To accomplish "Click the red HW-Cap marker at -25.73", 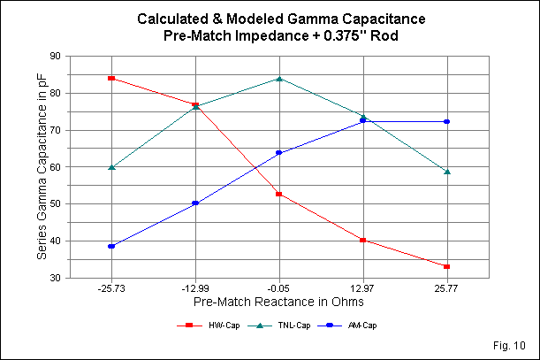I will (x=111, y=78).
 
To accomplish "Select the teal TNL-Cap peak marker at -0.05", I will (x=279, y=78).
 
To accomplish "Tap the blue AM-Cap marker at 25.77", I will (x=447, y=121).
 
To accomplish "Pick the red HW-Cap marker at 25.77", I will (x=447, y=266).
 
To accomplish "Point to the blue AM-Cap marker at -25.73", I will (x=111, y=246).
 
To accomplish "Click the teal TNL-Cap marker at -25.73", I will (x=111, y=166).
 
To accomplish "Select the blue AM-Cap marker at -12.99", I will (x=195, y=203).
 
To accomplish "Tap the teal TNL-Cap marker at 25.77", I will (x=447, y=171).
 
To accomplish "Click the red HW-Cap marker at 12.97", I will (x=363, y=240).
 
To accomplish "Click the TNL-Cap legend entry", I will (x=284, y=326).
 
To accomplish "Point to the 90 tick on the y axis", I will (x=63, y=56).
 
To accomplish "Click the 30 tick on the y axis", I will (x=63, y=278).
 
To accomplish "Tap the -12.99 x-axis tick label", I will (x=195, y=288).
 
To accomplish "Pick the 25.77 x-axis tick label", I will (x=447, y=288).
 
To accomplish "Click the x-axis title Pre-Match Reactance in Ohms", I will (x=279, y=304).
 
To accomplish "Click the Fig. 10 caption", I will (x=513, y=343).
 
